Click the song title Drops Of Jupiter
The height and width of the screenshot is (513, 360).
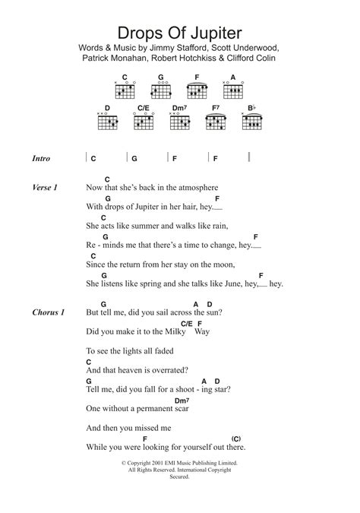pyautogui.click(x=179, y=34)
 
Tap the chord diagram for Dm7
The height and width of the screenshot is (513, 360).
pyautogui.click(x=179, y=120)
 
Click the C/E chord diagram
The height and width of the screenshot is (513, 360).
pyautogui.click(x=142, y=120)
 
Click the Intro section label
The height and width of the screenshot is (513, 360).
pyautogui.click(x=42, y=159)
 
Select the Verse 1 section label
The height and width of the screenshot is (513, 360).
pyautogui.click(x=46, y=187)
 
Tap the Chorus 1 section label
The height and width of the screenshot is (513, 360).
pyautogui.click(x=49, y=312)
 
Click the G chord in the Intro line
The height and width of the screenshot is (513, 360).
pyautogui.click(x=134, y=159)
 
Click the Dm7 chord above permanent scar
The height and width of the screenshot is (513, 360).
pyautogui.click(x=181, y=401)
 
